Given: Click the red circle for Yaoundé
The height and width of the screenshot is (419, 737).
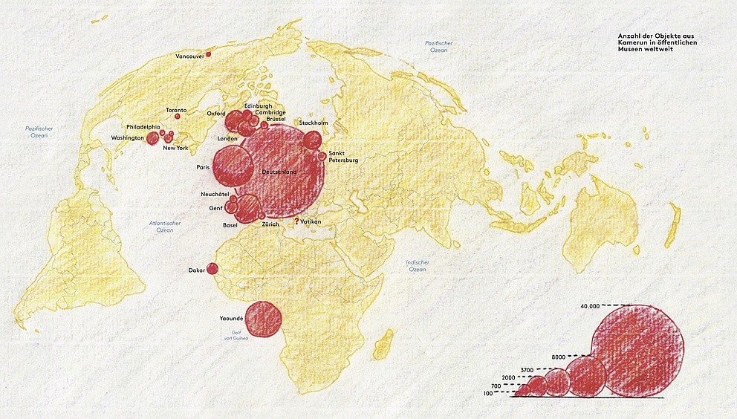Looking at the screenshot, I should (263, 319).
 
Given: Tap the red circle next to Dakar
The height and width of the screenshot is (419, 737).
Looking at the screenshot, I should (212, 269).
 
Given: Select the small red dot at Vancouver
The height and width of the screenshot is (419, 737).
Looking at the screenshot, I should (208, 53).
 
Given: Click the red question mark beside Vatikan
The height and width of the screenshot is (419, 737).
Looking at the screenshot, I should (296, 221).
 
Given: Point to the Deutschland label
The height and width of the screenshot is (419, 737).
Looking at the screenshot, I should (279, 172).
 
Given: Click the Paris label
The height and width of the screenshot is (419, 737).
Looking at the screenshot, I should (203, 167).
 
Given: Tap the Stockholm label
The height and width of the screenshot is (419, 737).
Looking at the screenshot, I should (313, 123).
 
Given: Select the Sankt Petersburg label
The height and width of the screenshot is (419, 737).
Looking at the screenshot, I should (342, 157).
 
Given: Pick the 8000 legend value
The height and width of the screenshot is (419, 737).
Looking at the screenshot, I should (559, 357).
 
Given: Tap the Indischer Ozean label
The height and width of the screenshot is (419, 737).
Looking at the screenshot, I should (418, 266).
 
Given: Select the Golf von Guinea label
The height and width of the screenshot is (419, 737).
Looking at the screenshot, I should (238, 335).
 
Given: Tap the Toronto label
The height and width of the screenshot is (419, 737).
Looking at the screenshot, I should (176, 110).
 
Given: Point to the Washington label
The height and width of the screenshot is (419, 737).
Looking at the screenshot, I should (127, 138).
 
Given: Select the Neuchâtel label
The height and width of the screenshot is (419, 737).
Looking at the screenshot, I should (215, 194).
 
